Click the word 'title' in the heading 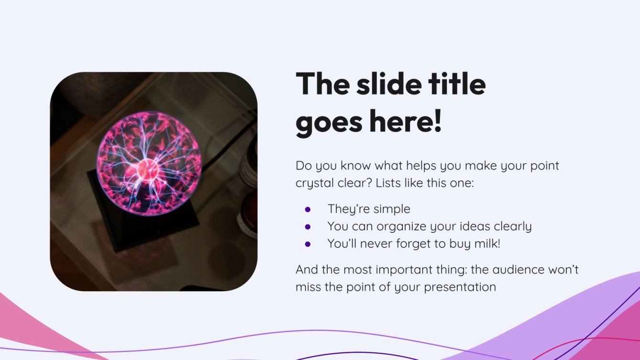(x=457, y=83)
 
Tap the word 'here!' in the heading (x=406, y=121)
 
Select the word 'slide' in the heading (x=389, y=83)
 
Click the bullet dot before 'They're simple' (x=308, y=209)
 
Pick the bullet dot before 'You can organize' (x=308, y=227)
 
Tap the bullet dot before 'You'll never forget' (x=308, y=244)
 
